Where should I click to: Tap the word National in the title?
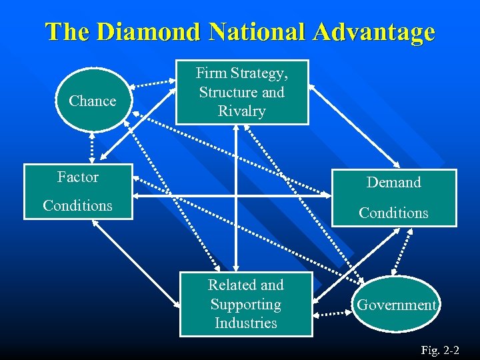point(253,31)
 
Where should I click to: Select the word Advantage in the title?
point(377,31)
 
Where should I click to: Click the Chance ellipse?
point(92,101)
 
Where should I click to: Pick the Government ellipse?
point(396,305)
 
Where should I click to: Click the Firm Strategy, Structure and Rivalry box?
point(242,92)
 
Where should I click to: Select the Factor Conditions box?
point(78,191)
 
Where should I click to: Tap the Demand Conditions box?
point(393,198)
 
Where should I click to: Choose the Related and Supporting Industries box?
point(246,304)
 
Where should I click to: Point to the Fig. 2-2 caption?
point(439,349)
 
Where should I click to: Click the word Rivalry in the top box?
point(242,111)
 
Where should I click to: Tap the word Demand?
point(393,183)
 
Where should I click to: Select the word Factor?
point(78,177)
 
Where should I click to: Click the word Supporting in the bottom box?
point(246,305)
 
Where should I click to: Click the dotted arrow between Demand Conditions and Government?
point(403,251)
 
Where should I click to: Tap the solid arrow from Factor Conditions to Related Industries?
point(137,263)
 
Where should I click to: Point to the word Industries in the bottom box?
point(246,323)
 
